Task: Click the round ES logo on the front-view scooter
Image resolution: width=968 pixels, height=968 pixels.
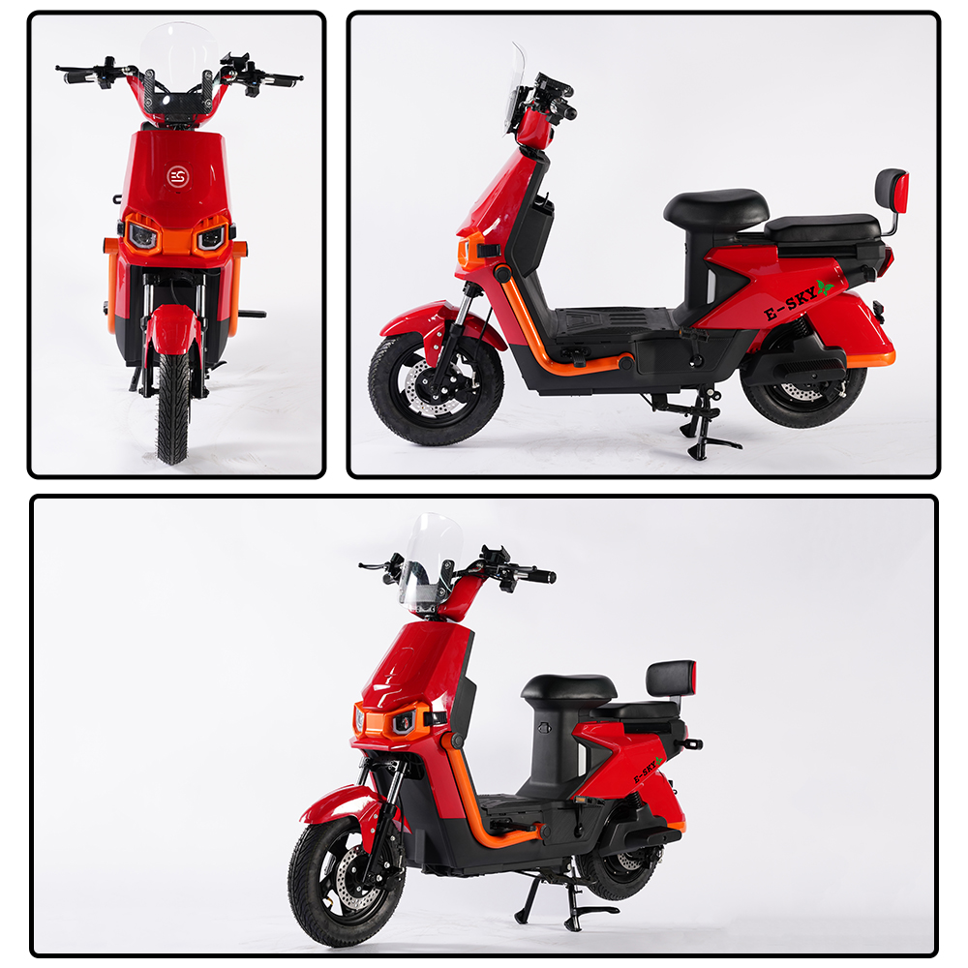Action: pos(178,176)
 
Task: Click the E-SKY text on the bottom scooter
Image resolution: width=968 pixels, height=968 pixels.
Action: pos(645,771)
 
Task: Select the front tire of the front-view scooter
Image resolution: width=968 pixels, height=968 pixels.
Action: pos(173,408)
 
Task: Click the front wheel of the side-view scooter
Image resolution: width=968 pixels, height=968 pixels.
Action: pos(436,388)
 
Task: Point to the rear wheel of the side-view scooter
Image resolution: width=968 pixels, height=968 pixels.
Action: pos(803,390)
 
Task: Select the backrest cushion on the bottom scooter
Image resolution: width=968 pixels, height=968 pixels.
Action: pos(671,678)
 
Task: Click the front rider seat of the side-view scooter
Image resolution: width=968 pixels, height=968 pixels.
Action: pos(716,209)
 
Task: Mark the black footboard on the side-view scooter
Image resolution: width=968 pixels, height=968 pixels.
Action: pos(611,321)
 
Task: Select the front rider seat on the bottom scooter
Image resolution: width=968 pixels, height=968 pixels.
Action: pos(568,687)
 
